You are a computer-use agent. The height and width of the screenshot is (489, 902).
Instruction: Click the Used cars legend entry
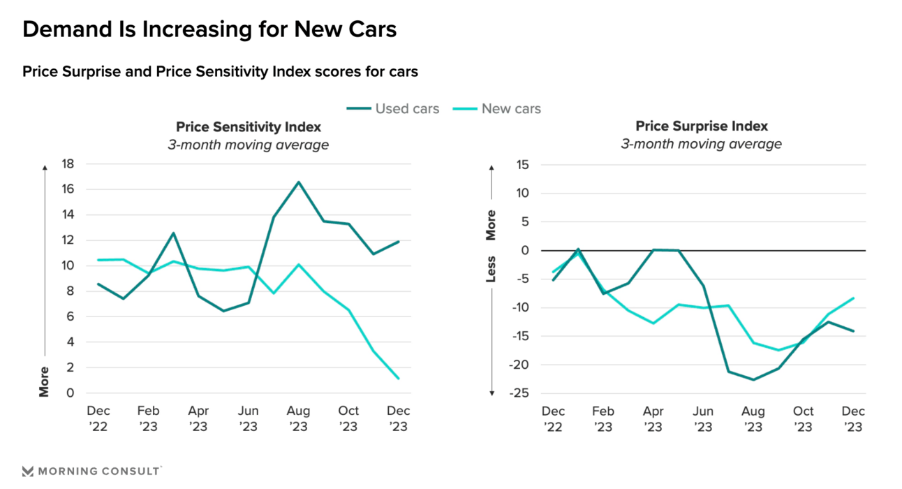[393, 108]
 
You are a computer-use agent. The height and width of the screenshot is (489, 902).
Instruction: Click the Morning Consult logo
[91, 471]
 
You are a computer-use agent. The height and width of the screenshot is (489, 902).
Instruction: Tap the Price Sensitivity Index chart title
[248, 126]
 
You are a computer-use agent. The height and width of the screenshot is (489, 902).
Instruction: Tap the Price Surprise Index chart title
[701, 126]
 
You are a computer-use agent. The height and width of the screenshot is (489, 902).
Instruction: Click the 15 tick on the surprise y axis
[523, 164]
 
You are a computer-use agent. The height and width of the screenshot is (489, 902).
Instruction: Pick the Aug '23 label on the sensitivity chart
[298, 418]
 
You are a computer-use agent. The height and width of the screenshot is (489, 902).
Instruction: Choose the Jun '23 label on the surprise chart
[703, 418]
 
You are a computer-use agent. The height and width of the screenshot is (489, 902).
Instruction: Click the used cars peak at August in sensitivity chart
[299, 182]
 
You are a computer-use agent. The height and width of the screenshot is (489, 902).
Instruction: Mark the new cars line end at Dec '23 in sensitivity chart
[399, 379]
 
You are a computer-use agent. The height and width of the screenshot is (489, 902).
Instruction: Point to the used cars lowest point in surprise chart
[753, 379]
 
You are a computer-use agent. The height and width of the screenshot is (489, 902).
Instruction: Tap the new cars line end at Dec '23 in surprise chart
[853, 298]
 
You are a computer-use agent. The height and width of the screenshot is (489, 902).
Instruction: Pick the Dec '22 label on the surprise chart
[554, 418]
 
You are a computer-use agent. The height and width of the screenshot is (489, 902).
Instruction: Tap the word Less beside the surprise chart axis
[491, 269]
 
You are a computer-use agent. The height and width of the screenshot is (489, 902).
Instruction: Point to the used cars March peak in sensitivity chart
[173, 233]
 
